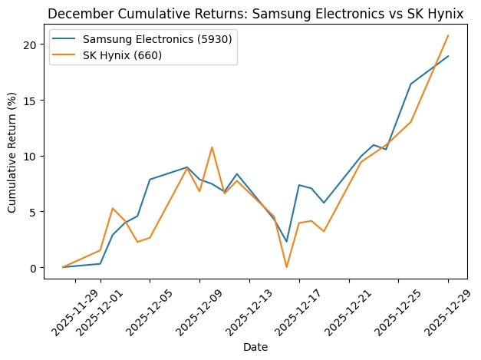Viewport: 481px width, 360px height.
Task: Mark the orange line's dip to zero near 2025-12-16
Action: pyautogui.click(x=286, y=267)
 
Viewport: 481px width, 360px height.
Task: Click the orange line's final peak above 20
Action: pyautogui.click(x=448, y=35)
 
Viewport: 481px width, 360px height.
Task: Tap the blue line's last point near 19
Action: pyautogui.click(x=448, y=56)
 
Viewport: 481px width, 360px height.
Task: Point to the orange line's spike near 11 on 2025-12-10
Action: pyautogui.click(x=212, y=147)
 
